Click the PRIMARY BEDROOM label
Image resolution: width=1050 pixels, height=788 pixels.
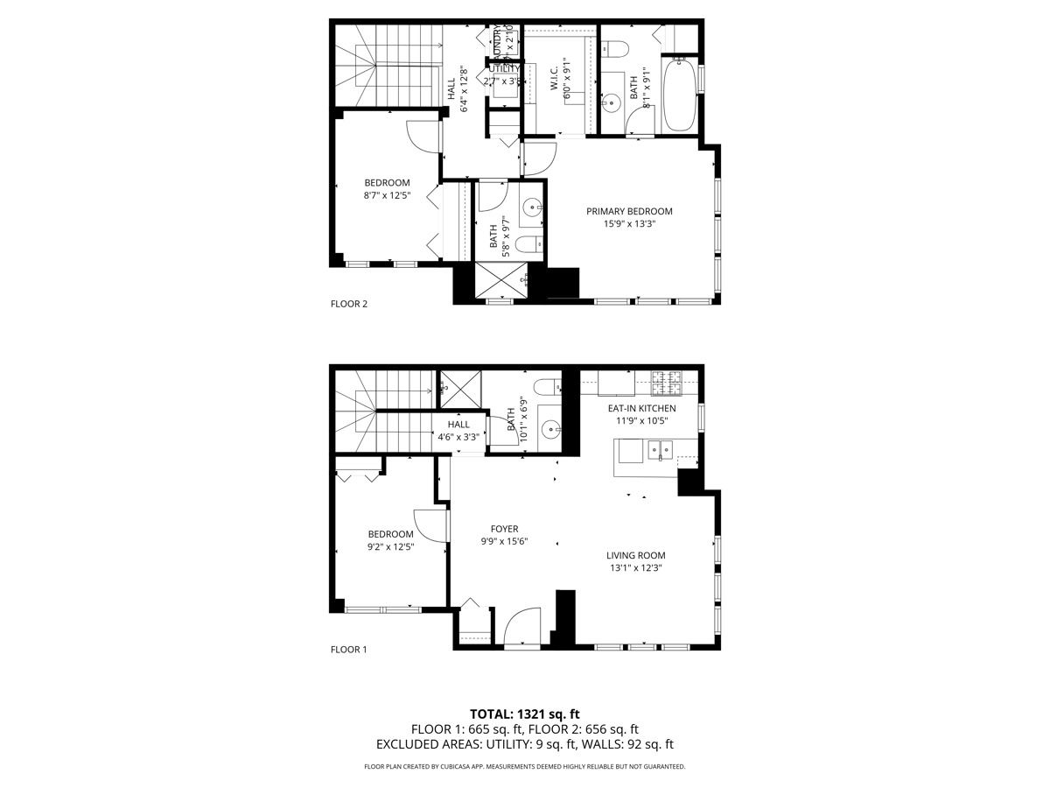629,211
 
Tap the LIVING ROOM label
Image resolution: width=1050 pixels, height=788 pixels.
636,555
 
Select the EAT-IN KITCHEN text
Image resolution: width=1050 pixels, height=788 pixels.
641,408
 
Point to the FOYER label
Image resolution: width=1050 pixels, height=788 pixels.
504,529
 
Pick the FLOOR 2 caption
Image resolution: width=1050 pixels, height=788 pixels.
348,305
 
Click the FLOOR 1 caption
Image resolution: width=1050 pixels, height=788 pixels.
348,650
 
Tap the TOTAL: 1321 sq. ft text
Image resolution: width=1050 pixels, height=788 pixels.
524,714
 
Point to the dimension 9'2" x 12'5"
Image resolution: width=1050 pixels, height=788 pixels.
390,546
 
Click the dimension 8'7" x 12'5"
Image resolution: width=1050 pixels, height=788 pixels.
387,195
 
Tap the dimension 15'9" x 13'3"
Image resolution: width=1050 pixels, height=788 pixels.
629,223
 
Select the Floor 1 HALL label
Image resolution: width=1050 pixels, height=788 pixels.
458,425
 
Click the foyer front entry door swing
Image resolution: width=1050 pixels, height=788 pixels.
522,629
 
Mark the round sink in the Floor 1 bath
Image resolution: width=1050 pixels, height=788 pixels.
549,429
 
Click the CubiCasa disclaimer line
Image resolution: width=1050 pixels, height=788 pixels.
524,766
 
